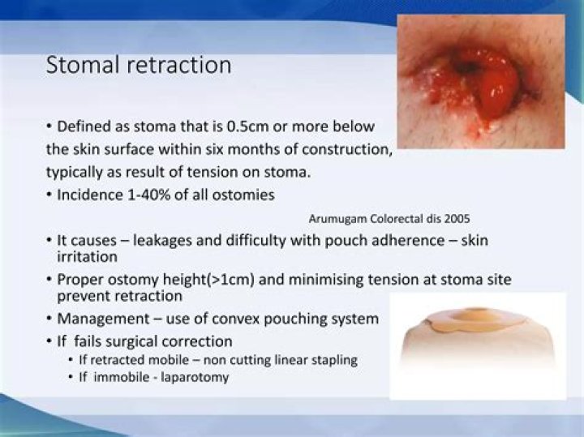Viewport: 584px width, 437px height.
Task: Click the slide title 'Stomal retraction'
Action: (139, 65)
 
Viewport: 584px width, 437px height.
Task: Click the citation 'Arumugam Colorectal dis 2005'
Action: (390, 218)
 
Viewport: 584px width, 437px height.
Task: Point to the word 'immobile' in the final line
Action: (117, 377)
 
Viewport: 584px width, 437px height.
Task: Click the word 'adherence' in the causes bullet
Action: (389, 241)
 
